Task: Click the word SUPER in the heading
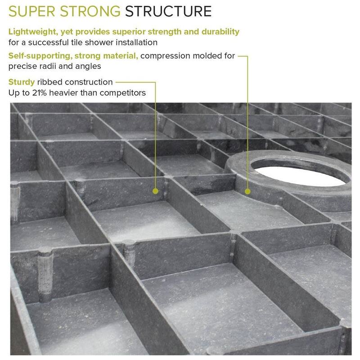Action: (31, 12)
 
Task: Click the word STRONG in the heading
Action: (90, 12)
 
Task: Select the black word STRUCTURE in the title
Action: (168, 12)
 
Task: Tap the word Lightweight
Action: (33, 32)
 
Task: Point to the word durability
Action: (220, 32)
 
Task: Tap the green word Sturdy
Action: (22, 82)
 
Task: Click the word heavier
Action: (63, 93)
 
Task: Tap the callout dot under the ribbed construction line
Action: (155, 191)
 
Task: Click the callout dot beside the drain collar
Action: (247, 191)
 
